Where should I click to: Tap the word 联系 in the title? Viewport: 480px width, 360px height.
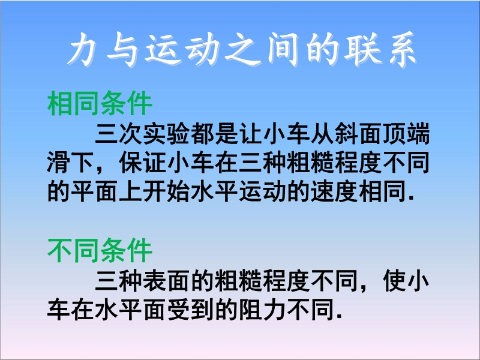click(380, 50)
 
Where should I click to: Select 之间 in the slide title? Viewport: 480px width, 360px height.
click(262, 50)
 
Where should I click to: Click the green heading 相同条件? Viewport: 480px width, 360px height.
click(100, 103)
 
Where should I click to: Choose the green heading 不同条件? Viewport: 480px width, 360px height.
click(100, 250)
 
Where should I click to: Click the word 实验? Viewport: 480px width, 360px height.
click(166, 134)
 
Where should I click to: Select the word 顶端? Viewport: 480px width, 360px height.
click(406, 134)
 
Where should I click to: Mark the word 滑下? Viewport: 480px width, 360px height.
click(71, 163)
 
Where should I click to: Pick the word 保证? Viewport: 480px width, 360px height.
click(143, 163)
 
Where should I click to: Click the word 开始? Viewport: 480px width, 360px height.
click(166, 191)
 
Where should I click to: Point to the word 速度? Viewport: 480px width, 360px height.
click(334, 191)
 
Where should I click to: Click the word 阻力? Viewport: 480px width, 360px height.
click(262, 309)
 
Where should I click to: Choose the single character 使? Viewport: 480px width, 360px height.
click(394, 280)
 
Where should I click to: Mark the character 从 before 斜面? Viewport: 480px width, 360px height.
click(322, 134)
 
